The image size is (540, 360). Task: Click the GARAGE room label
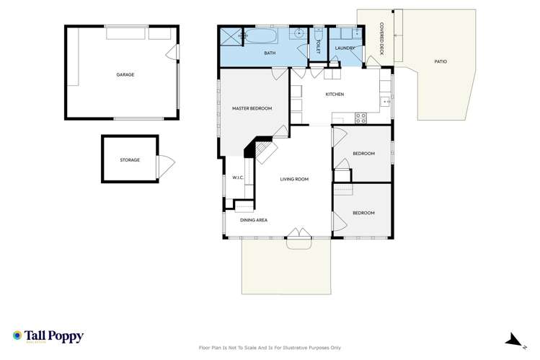[x=125, y=74]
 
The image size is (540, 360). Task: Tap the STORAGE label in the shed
[x=130, y=159]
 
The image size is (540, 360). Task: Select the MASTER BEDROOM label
[x=252, y=108]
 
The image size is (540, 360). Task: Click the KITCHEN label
[x=335, y=95]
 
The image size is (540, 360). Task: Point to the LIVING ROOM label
[x=294, y=179]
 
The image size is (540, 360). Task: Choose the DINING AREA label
[x=254, y=220]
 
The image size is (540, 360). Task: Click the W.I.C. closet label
[x=238, y=178]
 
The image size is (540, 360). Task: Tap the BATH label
[x=270, y=53]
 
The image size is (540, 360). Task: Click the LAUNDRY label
[x=345, y=48]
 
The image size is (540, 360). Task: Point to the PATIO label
[x=441, y=61]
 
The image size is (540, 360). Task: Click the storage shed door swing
[x=167, y=166]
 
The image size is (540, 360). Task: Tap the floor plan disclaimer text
[x=270, y=348]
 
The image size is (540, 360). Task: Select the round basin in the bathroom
[x=297, y=34]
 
